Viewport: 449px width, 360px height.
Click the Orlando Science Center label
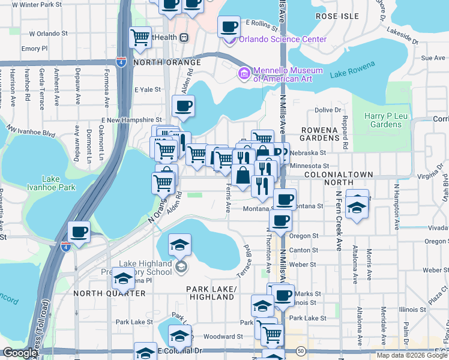coord(283,40)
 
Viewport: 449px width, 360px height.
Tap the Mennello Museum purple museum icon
coord(244,74)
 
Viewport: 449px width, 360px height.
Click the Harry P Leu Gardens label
coord(384,120)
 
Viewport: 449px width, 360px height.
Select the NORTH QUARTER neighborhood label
coord(109,293)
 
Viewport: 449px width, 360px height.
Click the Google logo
coord(20,353)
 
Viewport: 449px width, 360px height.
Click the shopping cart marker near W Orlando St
coord(140,37)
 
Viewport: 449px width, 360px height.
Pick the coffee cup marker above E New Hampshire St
coord(184,107)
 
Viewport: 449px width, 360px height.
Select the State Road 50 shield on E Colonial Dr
coord(301,350)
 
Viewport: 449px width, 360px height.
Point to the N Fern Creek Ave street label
coord(339,221)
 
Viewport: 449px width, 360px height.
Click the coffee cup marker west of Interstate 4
coord(79,232)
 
